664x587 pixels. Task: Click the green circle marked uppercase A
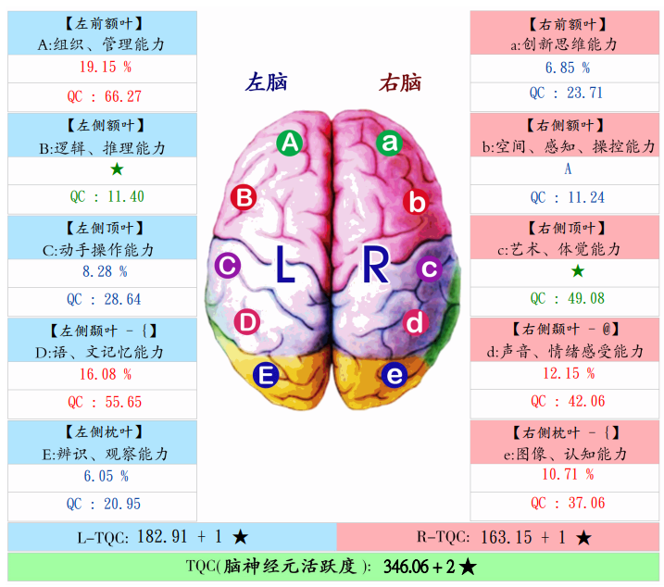(x=290, y=143)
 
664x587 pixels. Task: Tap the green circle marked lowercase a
(x=390, y=143)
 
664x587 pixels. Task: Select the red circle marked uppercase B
(x=244, y=197)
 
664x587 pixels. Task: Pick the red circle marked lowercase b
(x=418, y=202)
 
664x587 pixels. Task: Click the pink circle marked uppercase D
(x=246, y=322)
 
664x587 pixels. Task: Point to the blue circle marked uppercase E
(x=266, y=375)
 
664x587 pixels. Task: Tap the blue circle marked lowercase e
(x=395, y=375)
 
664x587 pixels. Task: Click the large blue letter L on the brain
(x=284, y=265)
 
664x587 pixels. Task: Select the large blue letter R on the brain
(x=376, y=265)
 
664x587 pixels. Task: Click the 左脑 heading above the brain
(x=266, y=83)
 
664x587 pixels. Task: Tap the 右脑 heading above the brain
(x=400, y=83)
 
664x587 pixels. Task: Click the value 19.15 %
(x=103, y=68)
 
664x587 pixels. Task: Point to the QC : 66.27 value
(x=104, y=96)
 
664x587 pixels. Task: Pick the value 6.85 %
(x=567, y=68)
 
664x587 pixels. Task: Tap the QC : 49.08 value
(x=567, y=298)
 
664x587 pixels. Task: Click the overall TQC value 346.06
(x=407, y=566)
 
